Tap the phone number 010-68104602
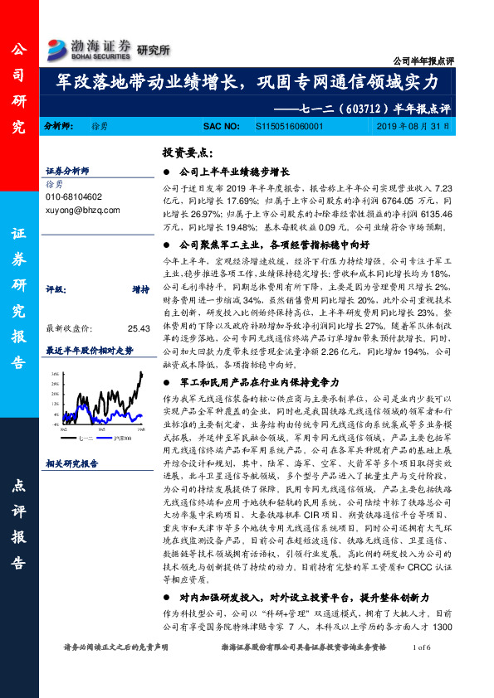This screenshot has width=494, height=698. click(74, 197)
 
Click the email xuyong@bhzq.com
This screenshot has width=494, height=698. click(80, 211)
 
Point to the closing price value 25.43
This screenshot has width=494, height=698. click(138, 327)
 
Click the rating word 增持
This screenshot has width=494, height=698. click(139, 290)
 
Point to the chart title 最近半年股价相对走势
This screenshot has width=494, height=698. click(89, 350)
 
